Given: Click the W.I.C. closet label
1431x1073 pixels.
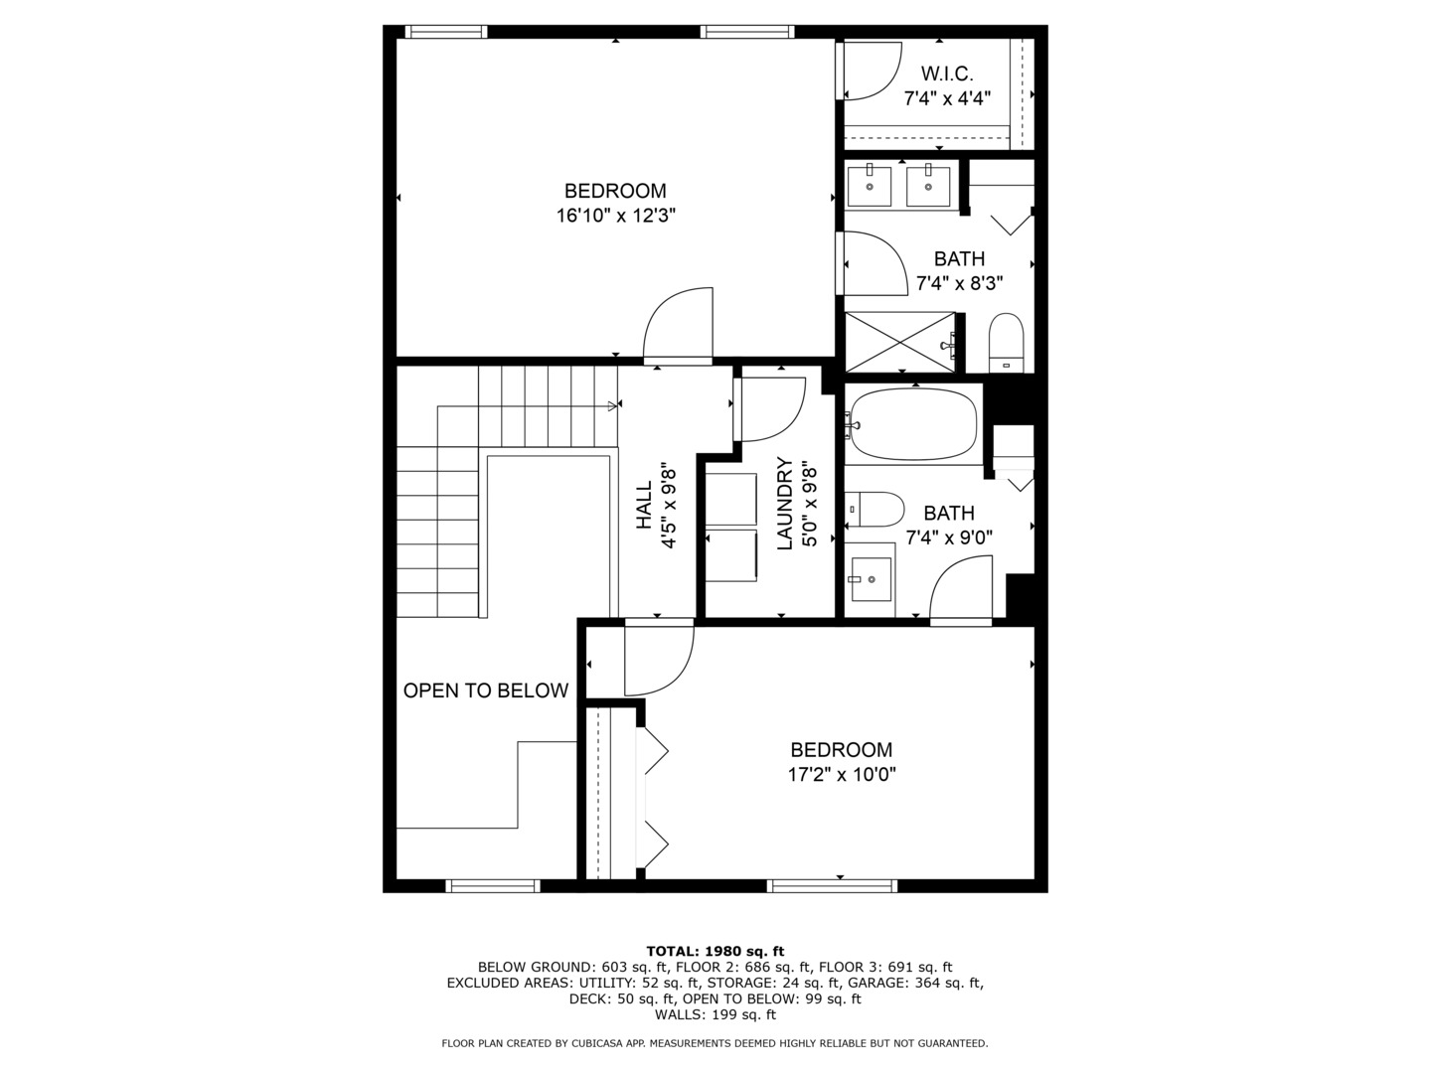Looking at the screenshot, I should (947, 74).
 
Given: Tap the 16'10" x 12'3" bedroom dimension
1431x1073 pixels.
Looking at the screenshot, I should (615, 215).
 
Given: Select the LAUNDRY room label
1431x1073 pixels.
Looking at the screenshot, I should (784, 503).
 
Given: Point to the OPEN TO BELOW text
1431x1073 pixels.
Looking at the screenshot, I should (486, 690).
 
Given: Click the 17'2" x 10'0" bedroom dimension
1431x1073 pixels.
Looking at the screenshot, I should (842, 774).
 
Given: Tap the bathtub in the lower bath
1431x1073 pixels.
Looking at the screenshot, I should (912, 424).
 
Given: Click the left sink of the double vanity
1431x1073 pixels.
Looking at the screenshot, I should (870, 186).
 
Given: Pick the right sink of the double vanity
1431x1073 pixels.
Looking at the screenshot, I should (928, 186).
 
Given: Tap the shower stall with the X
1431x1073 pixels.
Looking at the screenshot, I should (899, 343).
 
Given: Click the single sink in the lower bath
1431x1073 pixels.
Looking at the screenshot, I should (871, 577).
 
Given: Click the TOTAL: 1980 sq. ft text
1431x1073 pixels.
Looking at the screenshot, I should (715, 951).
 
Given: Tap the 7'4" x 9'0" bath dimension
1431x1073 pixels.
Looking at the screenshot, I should (949, 537).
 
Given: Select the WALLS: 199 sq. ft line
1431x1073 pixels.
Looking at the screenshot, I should (715, 1014).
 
